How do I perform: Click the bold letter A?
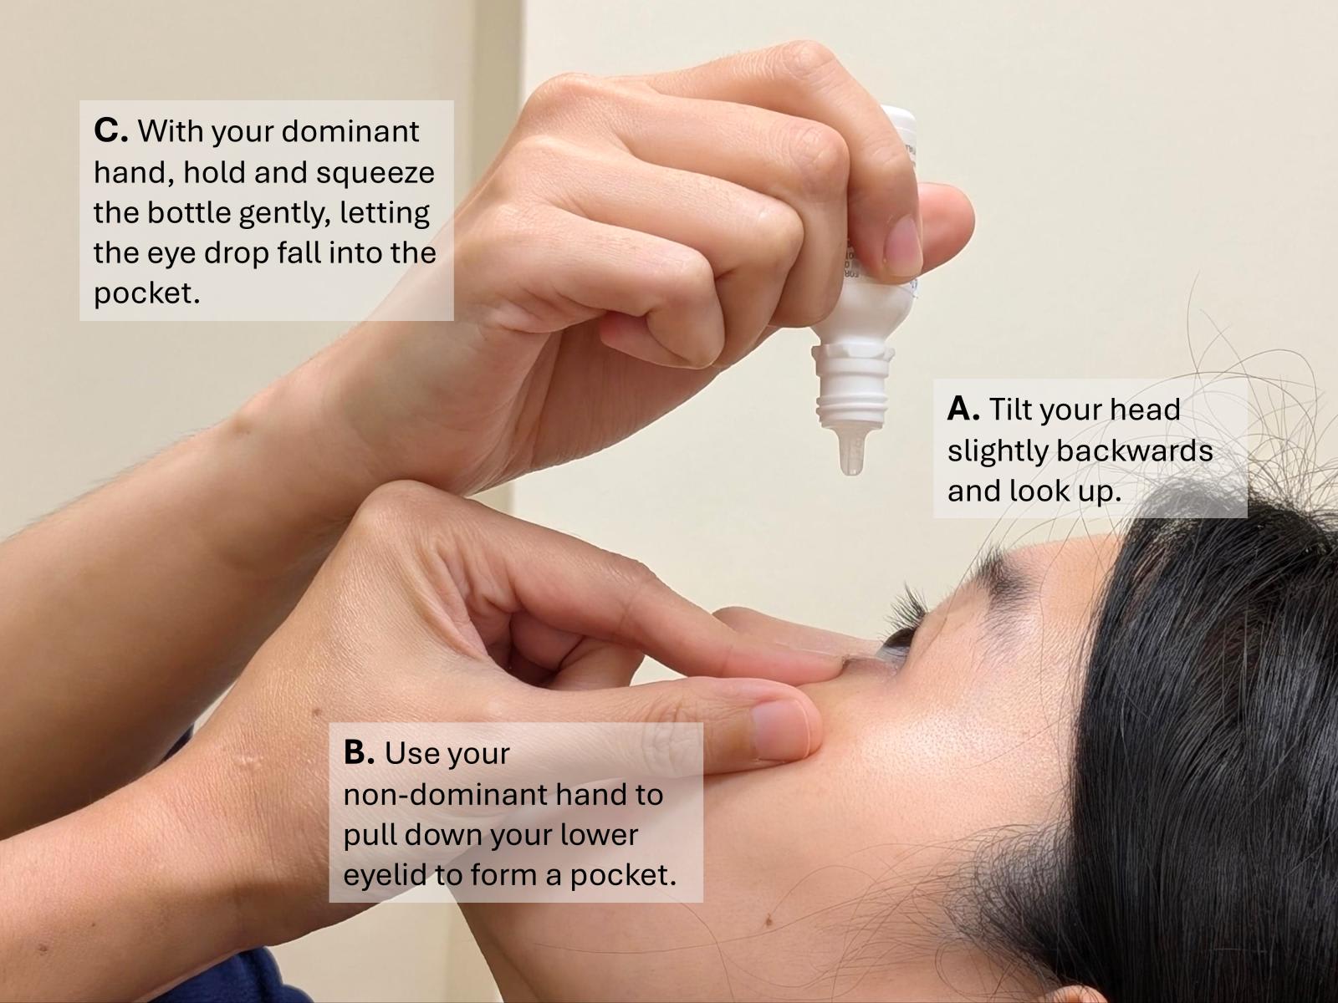tap(963, 409)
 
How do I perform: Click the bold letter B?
tap(359, 753)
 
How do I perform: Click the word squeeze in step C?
tap(375, 174)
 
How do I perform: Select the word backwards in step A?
tap(1135, 451)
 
